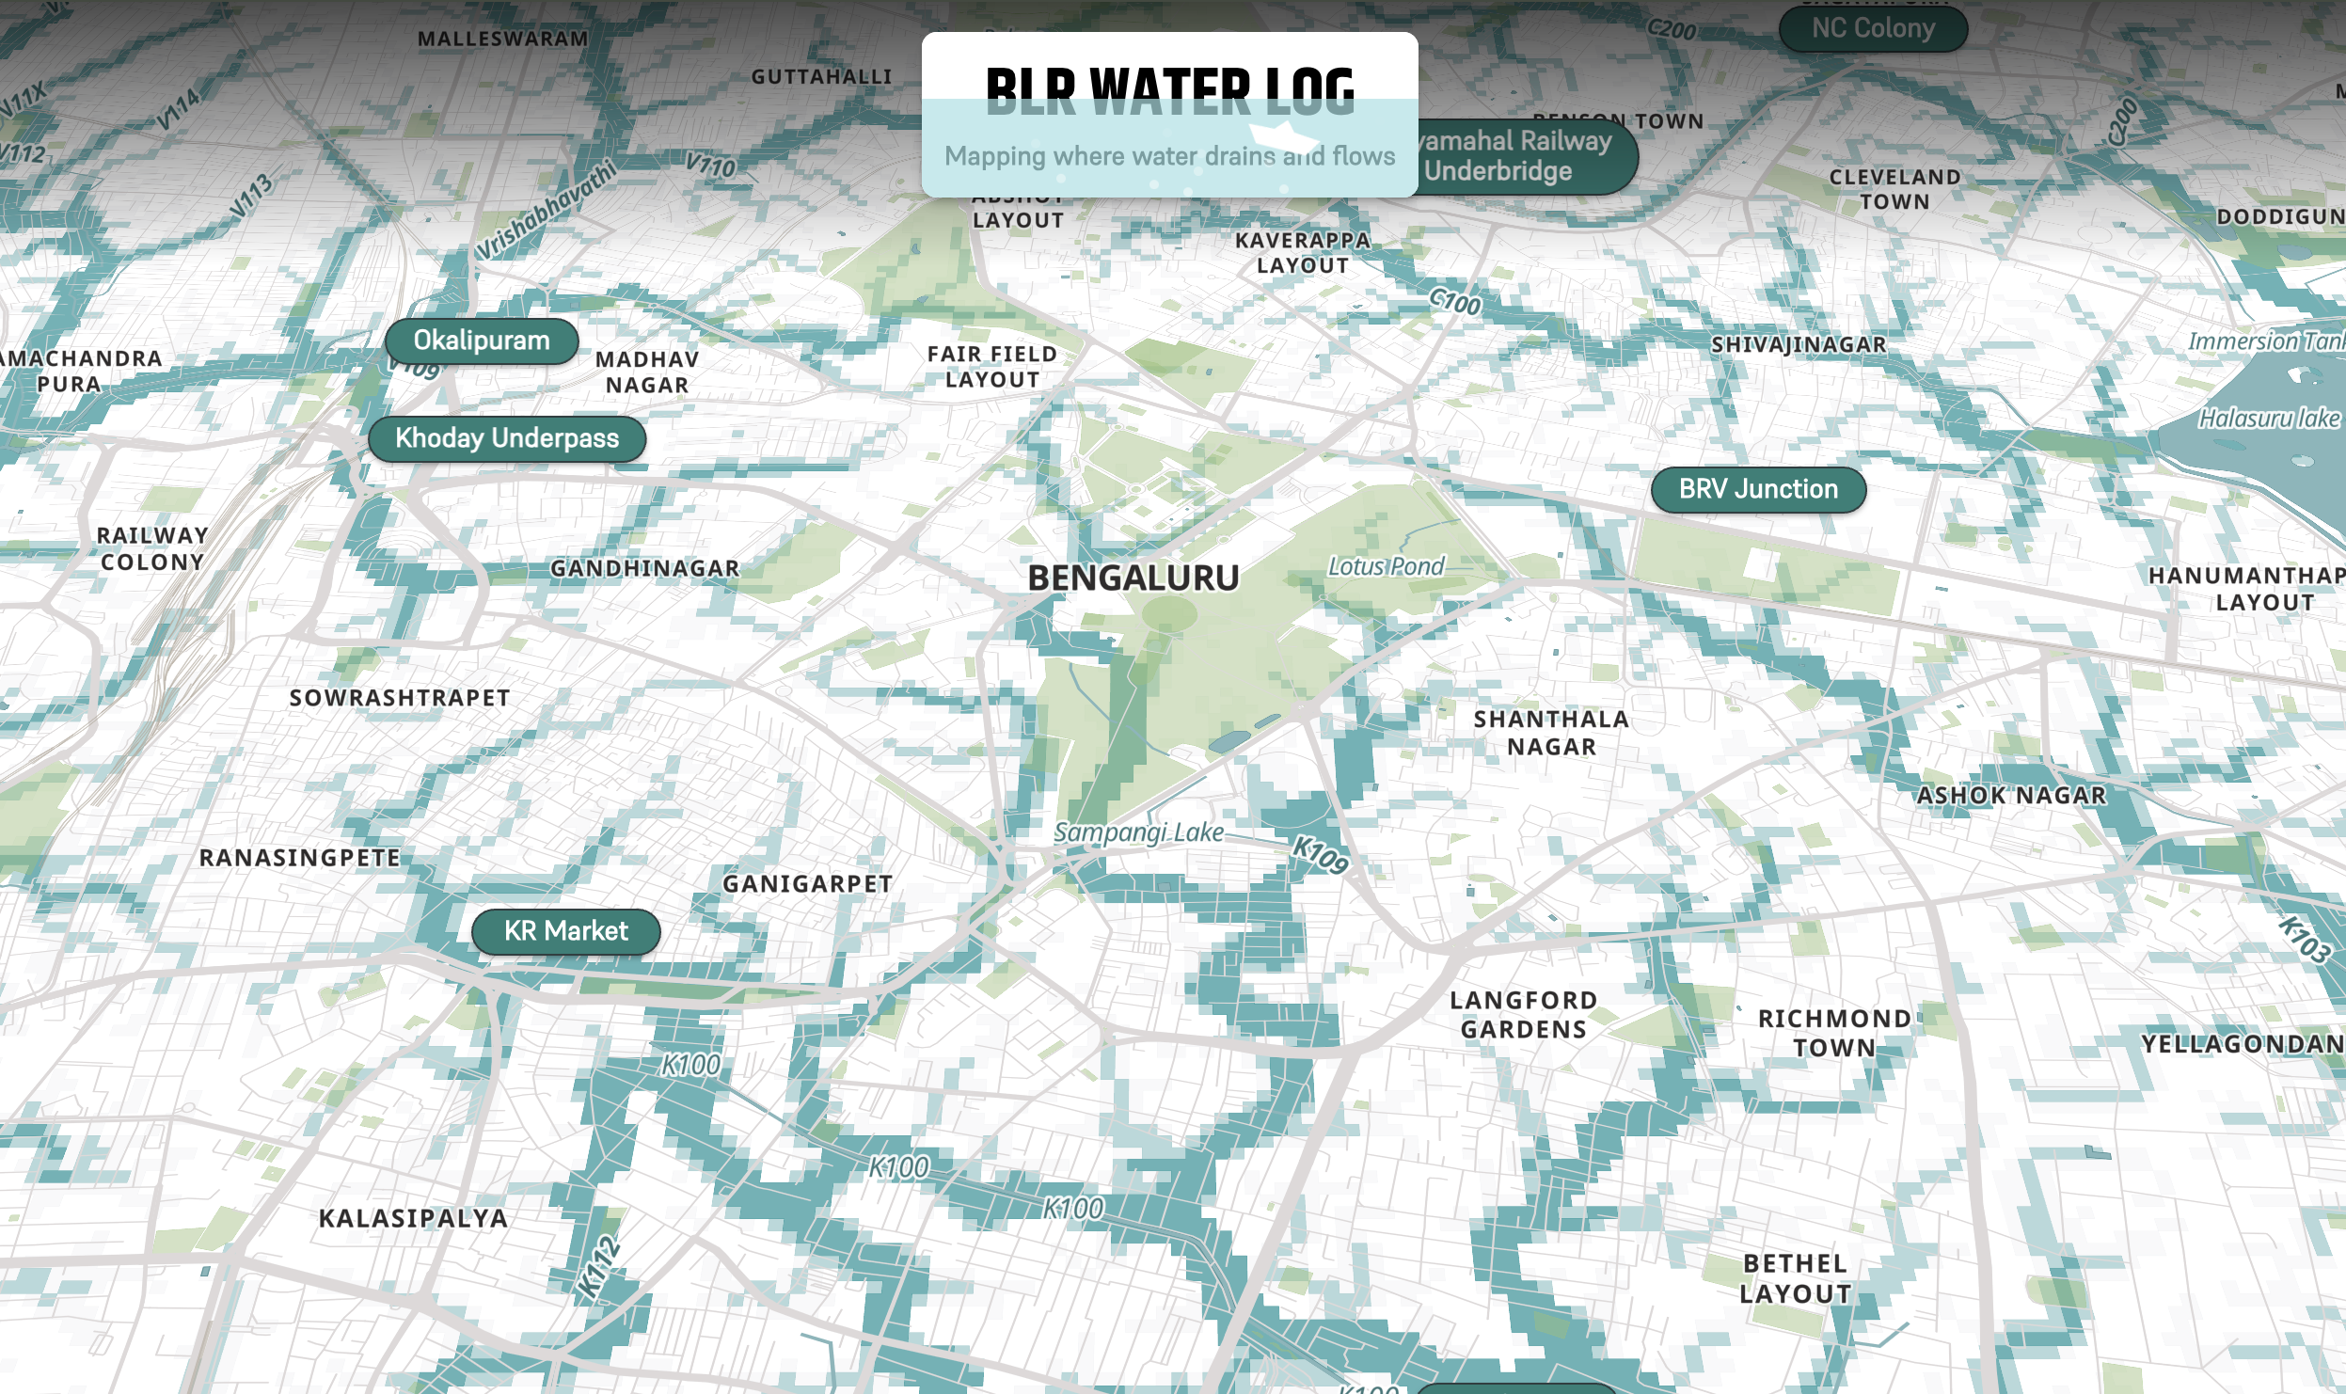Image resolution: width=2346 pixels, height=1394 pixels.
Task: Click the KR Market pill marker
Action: click(x=565, y=931)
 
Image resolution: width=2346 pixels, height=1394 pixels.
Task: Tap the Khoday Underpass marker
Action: click(x=507, y=438)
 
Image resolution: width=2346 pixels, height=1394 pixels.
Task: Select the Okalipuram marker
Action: click(x=482, y=341)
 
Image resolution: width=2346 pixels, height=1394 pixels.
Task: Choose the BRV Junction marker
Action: click(x=1758, y=489)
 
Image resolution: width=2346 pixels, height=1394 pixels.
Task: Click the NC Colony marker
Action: click(x=1873, y=28)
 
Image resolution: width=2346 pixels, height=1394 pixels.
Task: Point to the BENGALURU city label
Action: click(x=1133, y=578)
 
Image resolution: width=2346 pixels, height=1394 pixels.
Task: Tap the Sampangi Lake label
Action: click(x=1138, y=832)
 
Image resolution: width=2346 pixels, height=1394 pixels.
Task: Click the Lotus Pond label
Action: click(x=1386, y=566)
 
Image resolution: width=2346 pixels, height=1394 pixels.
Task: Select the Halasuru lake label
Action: click(x=2268, y=419)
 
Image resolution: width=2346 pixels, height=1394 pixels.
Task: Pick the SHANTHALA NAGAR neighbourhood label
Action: click(x=1551, y=733)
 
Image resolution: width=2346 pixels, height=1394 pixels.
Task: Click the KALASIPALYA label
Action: click(x=413, y=1218)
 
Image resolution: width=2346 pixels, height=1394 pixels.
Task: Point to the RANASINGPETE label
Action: click(x=300, y=858)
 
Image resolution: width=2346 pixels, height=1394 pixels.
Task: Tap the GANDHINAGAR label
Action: click(x=645, y=568)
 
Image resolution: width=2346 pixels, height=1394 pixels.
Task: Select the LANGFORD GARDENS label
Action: click(x=1523, y=1015)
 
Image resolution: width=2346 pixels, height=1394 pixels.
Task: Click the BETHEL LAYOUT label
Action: click(x=1795, y=1278)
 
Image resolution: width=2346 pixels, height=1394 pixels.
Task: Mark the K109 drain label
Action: click(x=1321, y=854)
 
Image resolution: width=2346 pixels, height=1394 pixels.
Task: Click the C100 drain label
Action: click(x=1454, y=302)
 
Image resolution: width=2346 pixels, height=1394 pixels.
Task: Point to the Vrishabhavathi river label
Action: click(x=546, y=210)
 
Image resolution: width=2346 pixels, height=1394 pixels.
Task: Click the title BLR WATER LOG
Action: click(x=1169, y=89)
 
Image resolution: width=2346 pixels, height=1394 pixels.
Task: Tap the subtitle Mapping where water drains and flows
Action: click(x=1169, y=156)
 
